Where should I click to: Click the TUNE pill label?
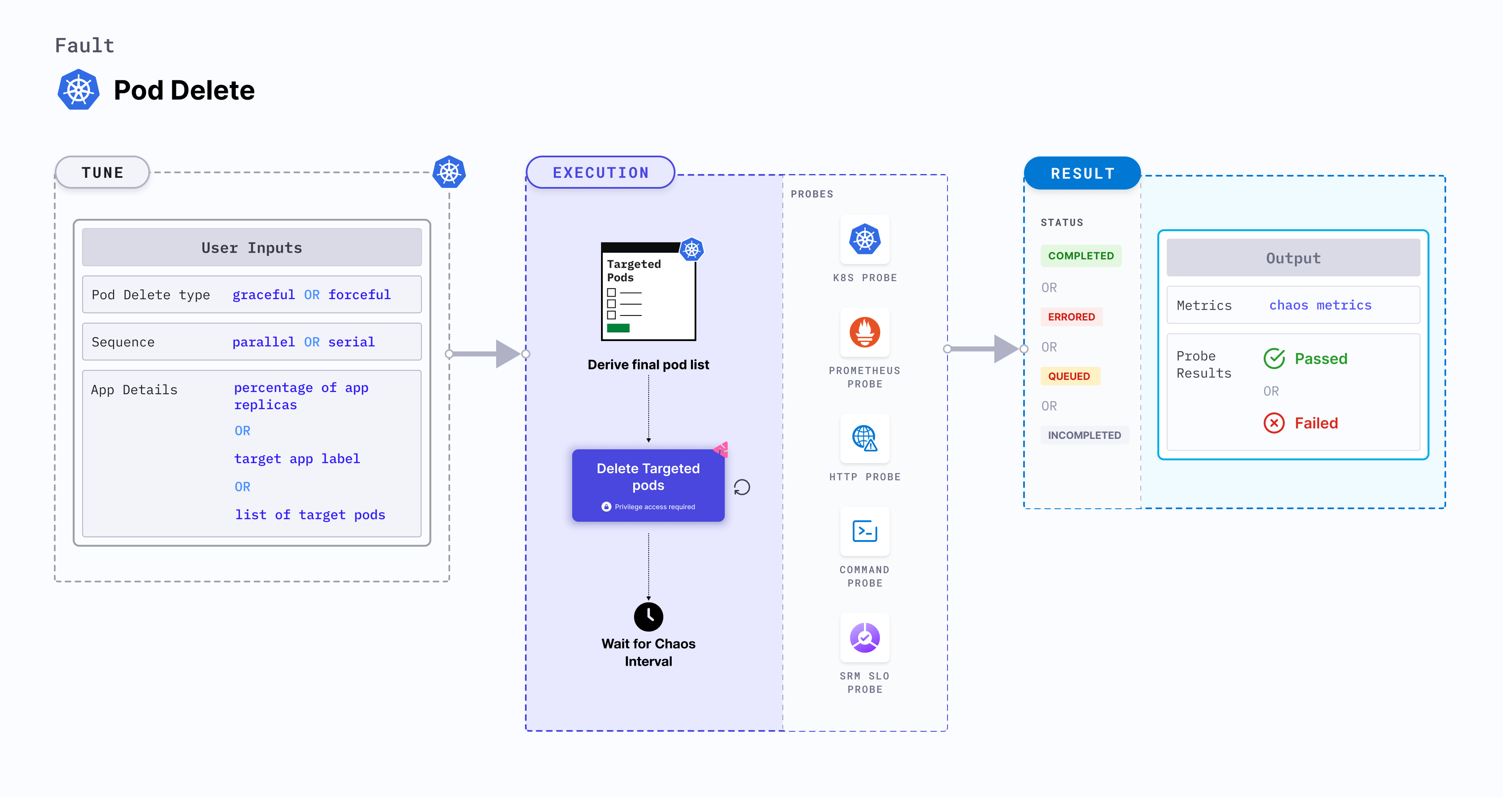103,173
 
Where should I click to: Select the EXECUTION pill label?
600,173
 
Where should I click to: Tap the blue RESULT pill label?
1083,173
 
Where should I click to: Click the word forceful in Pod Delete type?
359,295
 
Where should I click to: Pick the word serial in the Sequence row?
351,342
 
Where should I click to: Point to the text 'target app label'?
297,459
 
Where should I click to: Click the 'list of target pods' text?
310,515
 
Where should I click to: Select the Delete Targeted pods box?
648,484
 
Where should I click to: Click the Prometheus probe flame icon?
865,332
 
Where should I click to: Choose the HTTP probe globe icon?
865,438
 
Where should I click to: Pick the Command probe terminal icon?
865,531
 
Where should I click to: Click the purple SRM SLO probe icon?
865,638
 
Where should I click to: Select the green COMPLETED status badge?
1080,256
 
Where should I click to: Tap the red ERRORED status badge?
1071,317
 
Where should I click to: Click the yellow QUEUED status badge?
1069,377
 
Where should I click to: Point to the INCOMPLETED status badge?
1084,436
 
